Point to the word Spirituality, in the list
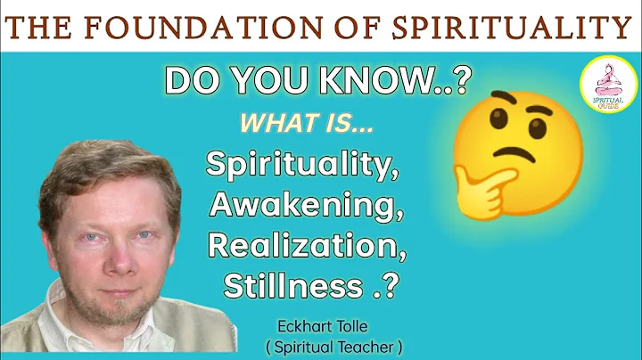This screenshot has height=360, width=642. click(302, 166)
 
